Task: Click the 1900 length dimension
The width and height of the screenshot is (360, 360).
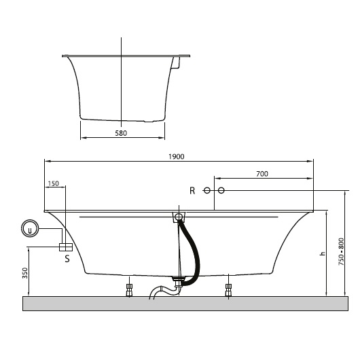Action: pos(177,157)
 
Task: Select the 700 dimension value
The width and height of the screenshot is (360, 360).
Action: pos(262,174)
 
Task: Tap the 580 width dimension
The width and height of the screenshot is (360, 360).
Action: pos(121,133)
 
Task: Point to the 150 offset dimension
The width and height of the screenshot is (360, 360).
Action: pos(53,183)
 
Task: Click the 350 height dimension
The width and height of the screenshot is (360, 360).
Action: pos(25,273)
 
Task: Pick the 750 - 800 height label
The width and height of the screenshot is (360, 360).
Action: pos(342,252)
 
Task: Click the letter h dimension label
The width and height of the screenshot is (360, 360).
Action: pos(323,254)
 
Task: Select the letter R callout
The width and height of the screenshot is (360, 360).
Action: pos(192,191)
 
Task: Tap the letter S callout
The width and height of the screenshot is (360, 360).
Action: pos(67,259)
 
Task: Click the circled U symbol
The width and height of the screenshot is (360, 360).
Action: pos(30,228)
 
